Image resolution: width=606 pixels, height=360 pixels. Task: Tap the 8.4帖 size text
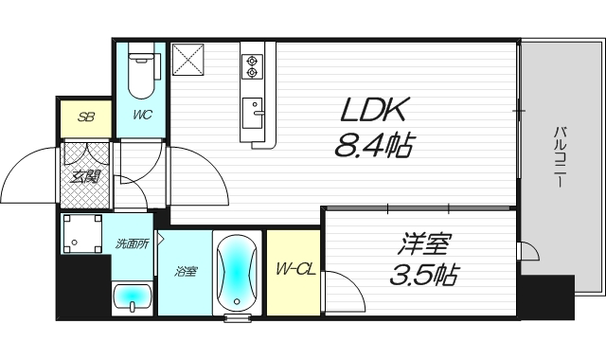[x=373, y=146]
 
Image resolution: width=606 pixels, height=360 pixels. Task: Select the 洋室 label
[x=423, y=244]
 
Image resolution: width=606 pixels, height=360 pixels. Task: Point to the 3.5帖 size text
[x=423, y=275]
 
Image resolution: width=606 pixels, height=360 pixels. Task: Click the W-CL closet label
[x=295, y=269]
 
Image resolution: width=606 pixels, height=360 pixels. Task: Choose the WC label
[x=143, y=115]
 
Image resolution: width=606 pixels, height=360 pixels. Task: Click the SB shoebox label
[x=86, y=117]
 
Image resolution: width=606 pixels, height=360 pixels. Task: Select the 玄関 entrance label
[x=86, y=176]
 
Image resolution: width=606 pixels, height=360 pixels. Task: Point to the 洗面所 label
[x=133, y=244]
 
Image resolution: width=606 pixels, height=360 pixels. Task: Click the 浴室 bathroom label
[x=186, y=272]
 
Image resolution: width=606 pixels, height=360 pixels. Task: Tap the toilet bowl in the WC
[x=141, y=76]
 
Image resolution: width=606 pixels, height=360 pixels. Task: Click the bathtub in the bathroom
[x=237, y=272]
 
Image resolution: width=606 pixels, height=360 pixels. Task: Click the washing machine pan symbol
[x=81, y=234]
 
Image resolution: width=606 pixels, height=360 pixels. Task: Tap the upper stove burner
[x=252, y=61]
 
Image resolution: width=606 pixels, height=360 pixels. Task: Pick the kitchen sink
[x=253, y=114]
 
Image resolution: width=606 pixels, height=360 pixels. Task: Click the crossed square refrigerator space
[x=187, y=60]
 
